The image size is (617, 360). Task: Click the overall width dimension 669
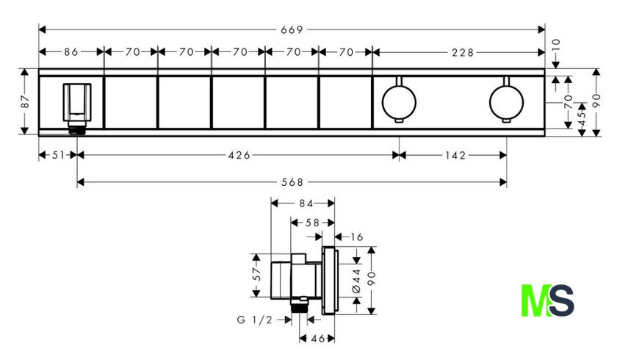point(292,30)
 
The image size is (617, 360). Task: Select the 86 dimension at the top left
point(71,52)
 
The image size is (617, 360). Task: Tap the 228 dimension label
point(463,52)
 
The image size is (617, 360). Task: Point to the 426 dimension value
point(239,156)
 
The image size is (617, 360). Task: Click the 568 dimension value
point(292,182)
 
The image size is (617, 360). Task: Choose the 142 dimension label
point(455,156)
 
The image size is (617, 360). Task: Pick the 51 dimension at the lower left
point(58,156)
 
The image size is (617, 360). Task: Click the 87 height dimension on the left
point(25,101)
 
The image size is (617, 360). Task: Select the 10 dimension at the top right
point(555,46)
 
